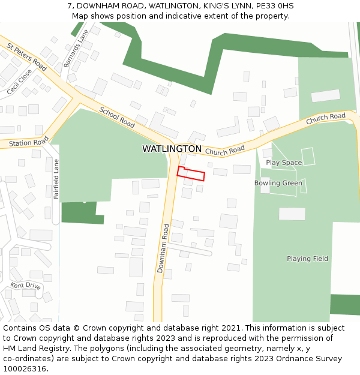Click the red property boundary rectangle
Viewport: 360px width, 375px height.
click(191, 173)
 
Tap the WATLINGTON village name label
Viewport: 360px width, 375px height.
click(172, 149)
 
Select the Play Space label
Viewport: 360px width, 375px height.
click(284, 163)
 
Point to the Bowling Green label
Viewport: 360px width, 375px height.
click(278, 183)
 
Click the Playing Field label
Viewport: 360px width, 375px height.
click(307, 259)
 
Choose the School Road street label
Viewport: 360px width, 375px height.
click(117, 116)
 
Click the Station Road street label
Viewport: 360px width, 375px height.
click(29, 143)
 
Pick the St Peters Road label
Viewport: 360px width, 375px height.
click(26, 57)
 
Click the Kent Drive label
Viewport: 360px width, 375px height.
click(25, 286)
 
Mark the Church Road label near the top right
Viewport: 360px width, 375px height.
click(326, 119)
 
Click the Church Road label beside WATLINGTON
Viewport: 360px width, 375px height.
click(229, 150)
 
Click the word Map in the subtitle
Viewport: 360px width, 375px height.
click(81, 16)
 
